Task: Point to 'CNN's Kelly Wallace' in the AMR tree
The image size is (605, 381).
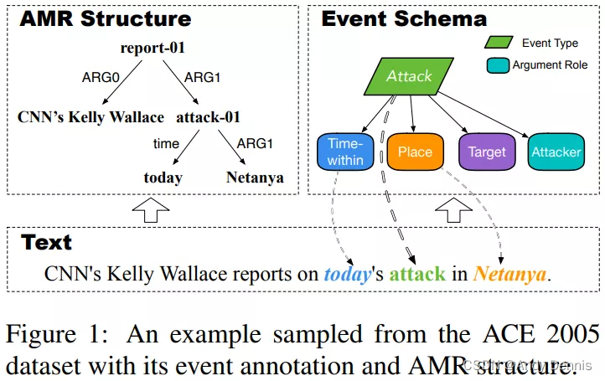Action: pos(90,117)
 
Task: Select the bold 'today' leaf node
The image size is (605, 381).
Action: pos(163,178)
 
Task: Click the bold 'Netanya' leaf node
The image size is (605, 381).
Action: pos(255,178)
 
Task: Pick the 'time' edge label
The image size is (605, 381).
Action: pos(166,144)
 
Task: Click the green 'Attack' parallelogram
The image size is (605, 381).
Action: pos(409,76)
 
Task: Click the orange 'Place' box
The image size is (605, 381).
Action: pos(415,152)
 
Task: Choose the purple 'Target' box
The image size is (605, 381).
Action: pos(486,152)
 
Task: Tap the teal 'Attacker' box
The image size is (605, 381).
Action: pos(556,152)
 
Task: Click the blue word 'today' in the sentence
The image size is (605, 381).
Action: pos(347,274)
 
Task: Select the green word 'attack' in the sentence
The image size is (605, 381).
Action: pos(417,274)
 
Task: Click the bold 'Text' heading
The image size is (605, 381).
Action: pos(46,243)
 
